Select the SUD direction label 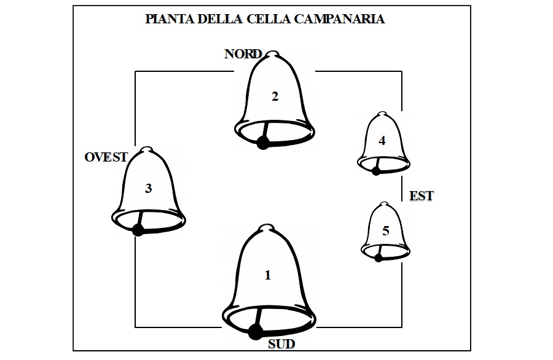[x=281, y=344]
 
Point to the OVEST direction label [x=106, y=157]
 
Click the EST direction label [x=421, y=197]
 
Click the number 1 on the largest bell [x=267, y=275]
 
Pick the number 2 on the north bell [x=275, y=96]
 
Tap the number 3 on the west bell [x=148, y=189]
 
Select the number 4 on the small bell [x=382, y=141]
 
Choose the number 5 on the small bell [x=385, y=231]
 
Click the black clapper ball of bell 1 [x=254, y=332]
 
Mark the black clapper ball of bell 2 [x=263, y=143]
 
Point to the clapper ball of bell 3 [x=138, y=230]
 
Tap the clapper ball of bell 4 [x=375, y=171]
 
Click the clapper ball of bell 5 [x=378, y=258]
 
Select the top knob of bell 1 [x=267, y=229]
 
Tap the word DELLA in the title [x=220, y=19]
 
